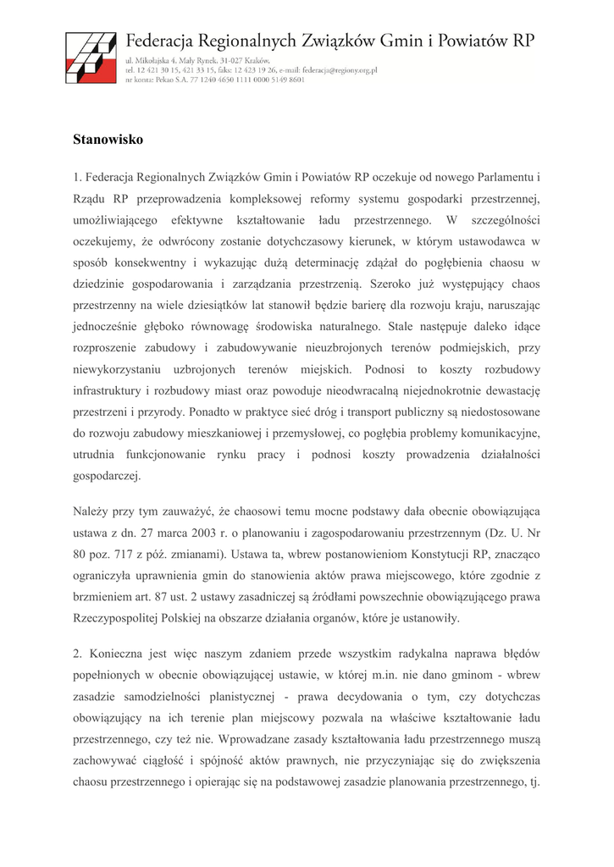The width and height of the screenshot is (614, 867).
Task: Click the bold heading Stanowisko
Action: (108, 139)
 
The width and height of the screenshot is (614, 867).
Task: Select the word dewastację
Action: (505, 389)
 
